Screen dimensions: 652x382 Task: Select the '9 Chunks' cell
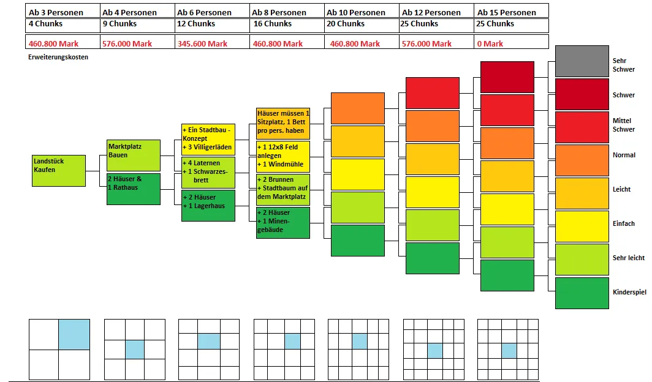[x=138, y=25]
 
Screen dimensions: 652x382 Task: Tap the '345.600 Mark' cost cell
[x=213, y=42]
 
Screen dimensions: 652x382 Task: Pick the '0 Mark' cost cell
[x=512, y=42]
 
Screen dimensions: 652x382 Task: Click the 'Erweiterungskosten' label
[x=58, y=57]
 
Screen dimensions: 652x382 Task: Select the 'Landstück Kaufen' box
[x=59, y=171]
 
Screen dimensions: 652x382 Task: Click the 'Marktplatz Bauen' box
[x=134, y=155]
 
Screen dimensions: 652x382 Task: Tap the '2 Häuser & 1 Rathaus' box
[x=134, y=189]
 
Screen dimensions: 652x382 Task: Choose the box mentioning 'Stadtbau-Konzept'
[x=208, y=139]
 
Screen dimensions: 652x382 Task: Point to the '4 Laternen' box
[x=208, y=172]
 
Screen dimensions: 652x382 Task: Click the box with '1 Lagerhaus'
[x=208, y=206]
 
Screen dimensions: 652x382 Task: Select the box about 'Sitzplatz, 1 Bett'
[x=283, y=123]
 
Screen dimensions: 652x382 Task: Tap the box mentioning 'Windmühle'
[x=283, y=156]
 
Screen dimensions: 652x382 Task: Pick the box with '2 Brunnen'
[x=283, y=189]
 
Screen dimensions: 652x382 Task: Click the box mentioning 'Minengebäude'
[x=283, y=223]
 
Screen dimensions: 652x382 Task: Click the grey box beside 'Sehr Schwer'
[x=582, y=61]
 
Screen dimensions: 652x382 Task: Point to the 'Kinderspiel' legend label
[x=629, y=292]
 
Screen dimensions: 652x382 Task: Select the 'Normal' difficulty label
[x=624, y=155]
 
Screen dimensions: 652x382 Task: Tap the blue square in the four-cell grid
[x=74, y=334]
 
